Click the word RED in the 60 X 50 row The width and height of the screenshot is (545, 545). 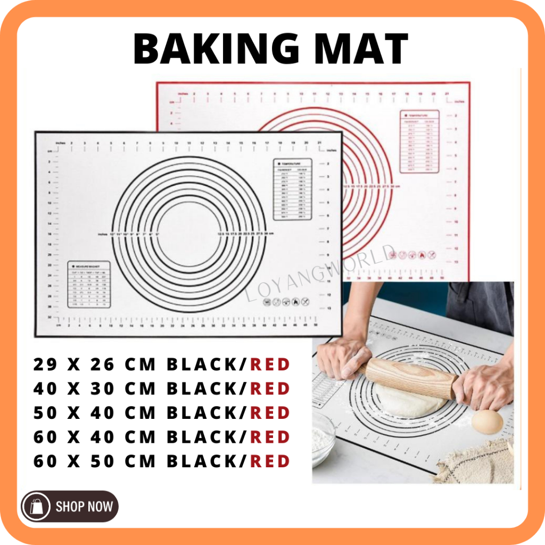pos(270,461)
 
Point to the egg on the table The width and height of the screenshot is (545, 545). pos(487,421)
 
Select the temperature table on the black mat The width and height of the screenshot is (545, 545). pos(293,189)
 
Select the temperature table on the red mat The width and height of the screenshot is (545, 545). pos(419,141)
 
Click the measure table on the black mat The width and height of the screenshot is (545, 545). pos(89,284)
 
